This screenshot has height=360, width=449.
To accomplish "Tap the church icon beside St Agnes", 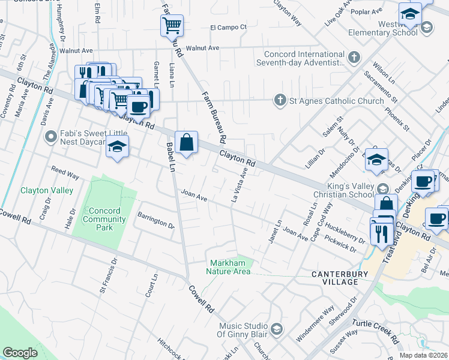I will coord(280,100).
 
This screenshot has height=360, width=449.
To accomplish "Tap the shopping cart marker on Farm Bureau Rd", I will coord(172,25).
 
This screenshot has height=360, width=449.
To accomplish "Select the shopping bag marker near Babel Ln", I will coord(187,143).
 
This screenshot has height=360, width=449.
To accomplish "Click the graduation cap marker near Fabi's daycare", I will coord(117,147).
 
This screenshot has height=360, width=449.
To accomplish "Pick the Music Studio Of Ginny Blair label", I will coord(241,330).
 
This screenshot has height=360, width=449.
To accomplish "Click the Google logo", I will coord(20,352).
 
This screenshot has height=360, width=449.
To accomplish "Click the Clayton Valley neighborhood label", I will coord(47,190).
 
